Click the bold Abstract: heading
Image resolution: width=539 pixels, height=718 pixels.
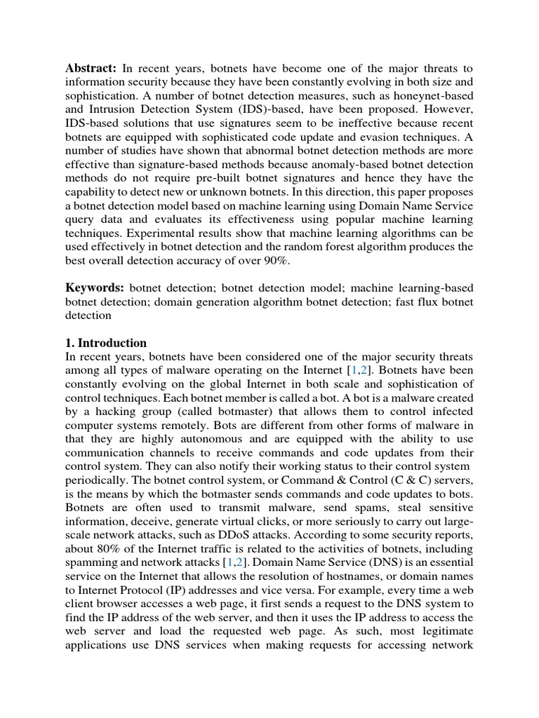click(91, 68)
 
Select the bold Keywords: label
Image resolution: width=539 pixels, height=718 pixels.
click(95, 287)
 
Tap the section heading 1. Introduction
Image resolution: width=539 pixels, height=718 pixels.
click(106, 343)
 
